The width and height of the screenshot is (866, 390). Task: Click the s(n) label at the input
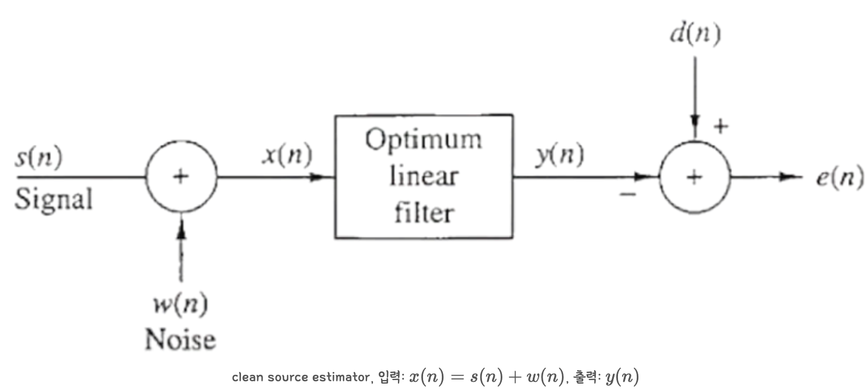[x=39, y=159]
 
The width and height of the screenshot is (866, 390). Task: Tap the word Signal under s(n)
[x=53, y=200]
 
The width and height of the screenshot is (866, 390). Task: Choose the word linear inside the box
[x=424, y=176]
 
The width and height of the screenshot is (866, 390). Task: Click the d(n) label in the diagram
[x=694, y=35]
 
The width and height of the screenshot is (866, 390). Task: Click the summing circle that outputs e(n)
[x=694, y=177]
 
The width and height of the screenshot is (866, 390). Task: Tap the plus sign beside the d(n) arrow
[x=722, y=127]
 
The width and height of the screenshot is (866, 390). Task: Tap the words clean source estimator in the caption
[x=299, y=377]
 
